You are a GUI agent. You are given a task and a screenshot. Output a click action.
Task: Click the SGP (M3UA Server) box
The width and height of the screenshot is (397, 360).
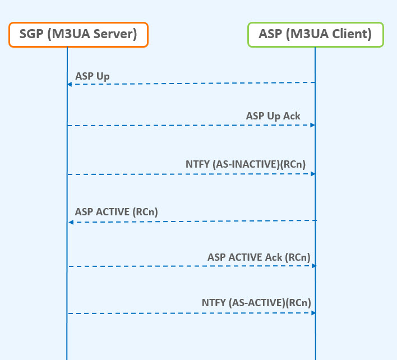point(79,34)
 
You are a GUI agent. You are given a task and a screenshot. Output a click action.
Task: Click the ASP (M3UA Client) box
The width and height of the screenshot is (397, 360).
point(315,34)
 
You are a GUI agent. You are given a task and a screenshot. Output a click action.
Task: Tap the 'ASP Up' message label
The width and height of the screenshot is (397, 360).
point(92,76)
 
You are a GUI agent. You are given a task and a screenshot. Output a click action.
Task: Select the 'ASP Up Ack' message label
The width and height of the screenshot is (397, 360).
point(273,116)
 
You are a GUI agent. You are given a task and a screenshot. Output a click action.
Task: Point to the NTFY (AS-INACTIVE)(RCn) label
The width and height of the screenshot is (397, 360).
point(246,164)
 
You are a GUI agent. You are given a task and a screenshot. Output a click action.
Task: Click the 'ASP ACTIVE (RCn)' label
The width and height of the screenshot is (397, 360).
point(116,212)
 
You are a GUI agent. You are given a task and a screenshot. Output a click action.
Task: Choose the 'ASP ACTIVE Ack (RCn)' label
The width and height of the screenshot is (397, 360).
point(258,257)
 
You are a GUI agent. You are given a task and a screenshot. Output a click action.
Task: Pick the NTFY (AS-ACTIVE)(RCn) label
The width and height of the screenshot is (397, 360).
point(256,302)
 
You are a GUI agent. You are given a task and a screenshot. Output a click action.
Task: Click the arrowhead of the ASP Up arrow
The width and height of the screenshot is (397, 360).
point(70,84)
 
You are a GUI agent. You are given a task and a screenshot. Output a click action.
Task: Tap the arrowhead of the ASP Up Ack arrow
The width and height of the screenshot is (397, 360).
point(313,124)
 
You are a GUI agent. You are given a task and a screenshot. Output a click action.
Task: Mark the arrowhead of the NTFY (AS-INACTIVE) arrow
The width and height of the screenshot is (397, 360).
point(313,173)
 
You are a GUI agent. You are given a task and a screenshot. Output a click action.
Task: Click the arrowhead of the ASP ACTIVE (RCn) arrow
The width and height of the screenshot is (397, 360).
point(71,223)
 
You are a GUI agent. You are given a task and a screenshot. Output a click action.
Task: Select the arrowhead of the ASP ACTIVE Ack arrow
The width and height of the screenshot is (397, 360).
point(313,266)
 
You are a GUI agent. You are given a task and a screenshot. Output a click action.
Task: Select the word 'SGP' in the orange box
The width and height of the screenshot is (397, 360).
point(31,34)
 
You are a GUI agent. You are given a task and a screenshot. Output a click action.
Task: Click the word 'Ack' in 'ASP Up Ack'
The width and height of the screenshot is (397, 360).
point(291,116)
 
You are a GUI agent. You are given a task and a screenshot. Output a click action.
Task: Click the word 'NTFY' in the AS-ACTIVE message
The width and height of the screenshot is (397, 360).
point(214,302)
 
